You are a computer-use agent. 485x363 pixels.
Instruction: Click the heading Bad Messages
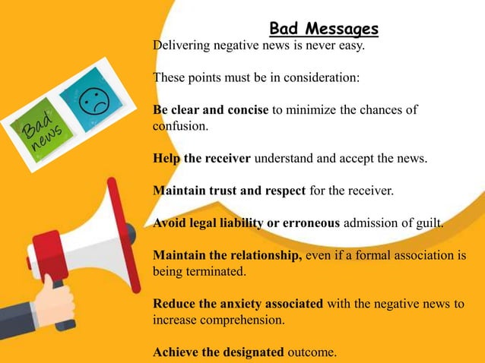pos(324,30)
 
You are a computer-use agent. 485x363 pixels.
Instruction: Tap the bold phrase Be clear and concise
pos(211,109)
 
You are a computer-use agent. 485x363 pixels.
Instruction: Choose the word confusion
pos(179,126)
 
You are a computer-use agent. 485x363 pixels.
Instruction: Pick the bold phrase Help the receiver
pos(201,158)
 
